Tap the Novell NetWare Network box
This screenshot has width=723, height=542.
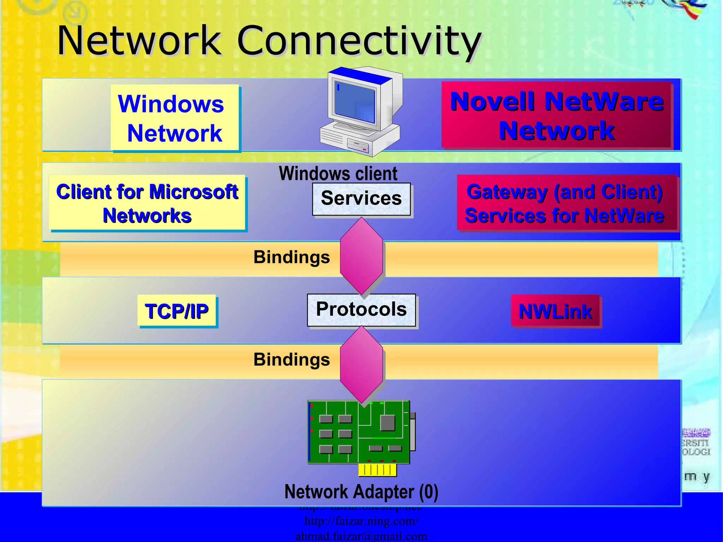(x=557, y=116)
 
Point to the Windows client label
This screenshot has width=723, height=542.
(x=338, y=174)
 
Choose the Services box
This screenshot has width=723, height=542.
(x=361, y=199)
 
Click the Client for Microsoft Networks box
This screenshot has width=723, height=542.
(x=147, y=203)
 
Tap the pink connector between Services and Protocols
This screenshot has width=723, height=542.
(x=361, y=256)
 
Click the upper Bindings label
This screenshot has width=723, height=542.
(x=292, y=257)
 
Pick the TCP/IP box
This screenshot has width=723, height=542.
(x=177, y=311)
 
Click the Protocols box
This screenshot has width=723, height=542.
(x=361, y=310)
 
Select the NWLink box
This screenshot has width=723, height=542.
(x=555, y=311)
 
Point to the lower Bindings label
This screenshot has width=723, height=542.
(x=292, y=360)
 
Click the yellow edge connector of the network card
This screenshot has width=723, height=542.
(x=377, y=470)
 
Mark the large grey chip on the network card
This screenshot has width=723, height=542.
(x=387, y=423)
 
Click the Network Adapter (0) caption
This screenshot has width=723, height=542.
(x=361, y=492)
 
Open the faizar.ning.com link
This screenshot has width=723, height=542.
(x=361, y=521)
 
